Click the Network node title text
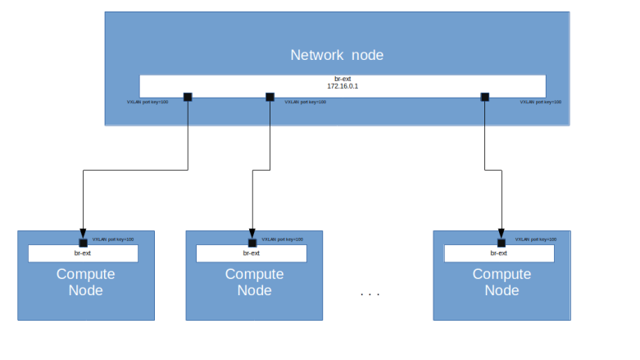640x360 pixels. (x=337, y=55)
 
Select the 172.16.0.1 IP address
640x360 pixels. (x=343, y=86)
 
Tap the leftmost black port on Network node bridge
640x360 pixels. (x=188, y=97)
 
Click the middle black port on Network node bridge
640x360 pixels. (x=270, y=97)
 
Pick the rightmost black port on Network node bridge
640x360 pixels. (x=484, y=97)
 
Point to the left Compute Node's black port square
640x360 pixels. (x=83, y=243)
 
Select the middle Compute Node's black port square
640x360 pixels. (x=252, y=243)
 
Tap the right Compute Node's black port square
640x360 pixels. (x=501, y=243)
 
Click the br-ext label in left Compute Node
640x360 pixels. (x=82, y=253)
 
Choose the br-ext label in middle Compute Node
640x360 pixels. (x=251, y=253)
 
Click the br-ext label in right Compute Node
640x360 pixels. (x=500, y=253)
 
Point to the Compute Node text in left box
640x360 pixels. (x=85, y=282)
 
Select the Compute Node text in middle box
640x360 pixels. (x=254, y=282)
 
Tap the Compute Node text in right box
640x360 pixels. (x=502, y=282)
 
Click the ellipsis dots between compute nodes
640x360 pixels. (x=370, y=294)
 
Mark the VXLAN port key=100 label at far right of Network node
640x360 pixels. (x=541, y=103)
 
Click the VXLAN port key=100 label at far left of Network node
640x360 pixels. (x=148, y=103)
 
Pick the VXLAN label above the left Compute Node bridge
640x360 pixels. (x=112, y=239)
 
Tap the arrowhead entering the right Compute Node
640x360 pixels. (x=501, y=234)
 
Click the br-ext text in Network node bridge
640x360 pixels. (x=343, y=79)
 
